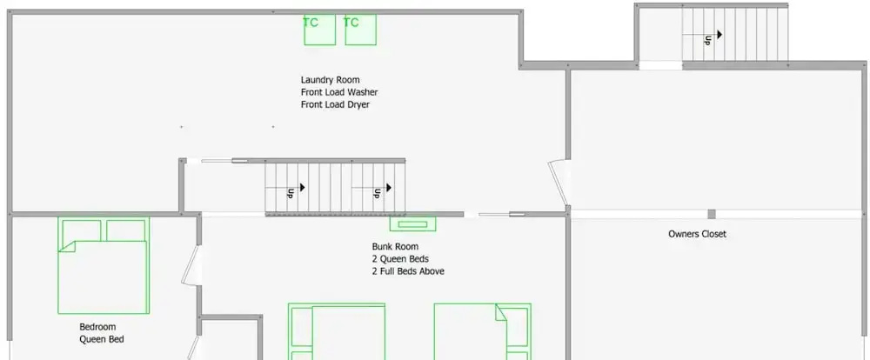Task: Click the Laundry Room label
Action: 330,80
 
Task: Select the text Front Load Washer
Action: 339,92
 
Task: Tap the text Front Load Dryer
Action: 335,104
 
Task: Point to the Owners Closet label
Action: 697,234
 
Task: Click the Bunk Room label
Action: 395,246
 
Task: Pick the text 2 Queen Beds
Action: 400,258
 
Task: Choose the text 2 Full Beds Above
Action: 408,271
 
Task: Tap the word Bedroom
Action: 97,327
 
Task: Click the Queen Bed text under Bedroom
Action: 102,339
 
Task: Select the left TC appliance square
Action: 319,30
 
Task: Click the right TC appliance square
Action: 361,30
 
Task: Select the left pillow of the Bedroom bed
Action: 82,230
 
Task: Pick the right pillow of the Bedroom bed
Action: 125,230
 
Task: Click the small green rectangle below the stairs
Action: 412,224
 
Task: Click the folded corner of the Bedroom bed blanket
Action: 67,246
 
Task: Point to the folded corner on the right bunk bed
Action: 501,312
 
